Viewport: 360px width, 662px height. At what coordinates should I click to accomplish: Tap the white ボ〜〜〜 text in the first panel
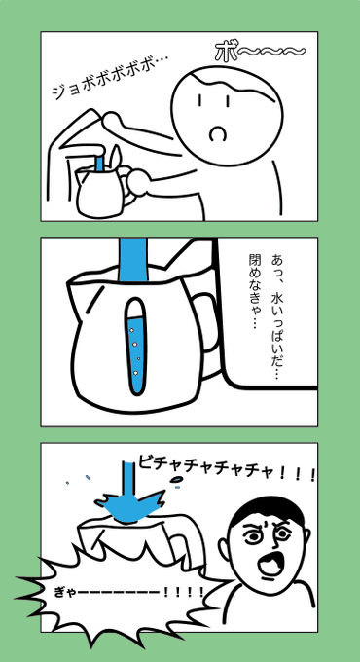click(x=259, y=52)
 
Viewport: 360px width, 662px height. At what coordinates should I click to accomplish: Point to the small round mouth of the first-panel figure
click(x=219, y=131)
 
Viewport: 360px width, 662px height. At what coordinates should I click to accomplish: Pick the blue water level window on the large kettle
click(x=135, y=347)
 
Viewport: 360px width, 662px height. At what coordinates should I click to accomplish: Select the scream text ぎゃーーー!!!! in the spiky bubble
click(x=122, y=591)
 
